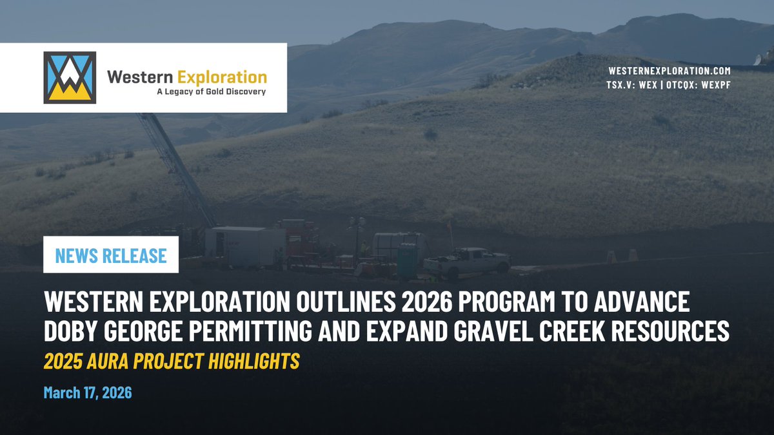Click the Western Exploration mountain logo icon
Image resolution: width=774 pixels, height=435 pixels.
tap(70, 78)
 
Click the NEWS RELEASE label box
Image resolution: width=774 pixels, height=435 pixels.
tap(111, 255)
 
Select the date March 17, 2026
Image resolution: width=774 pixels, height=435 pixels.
tap(88, 392)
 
